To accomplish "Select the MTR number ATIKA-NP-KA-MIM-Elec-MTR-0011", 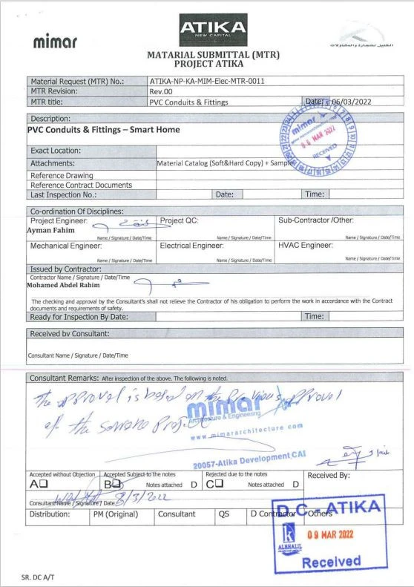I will tap(207, 81).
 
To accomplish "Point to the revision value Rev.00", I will tap(161, 91).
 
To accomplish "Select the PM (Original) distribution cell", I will tap(120, 513).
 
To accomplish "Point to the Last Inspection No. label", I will tap(64, 194).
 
